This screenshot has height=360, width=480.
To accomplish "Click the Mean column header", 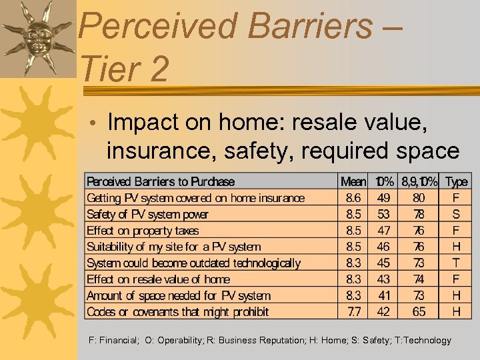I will pyautogui.click(x=353, y=181).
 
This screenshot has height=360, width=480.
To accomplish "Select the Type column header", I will pyautogui.click(x=456, y=181).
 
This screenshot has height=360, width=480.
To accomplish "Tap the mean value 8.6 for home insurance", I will pyautogui.click(x=353, y=198).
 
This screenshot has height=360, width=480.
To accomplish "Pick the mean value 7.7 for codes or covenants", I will pyautogui.click(x=353, y=311).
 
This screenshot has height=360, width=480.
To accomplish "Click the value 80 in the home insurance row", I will pyautogui.click(x=419, y=198).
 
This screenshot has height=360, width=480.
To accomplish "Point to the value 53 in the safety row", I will pyautogui.click(x=383, y=214).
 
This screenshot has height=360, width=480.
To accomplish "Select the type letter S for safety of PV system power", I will pyautogui.click(x=456, y=214).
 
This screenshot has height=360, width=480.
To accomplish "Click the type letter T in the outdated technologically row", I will pyautogui.click(x=456, y=263).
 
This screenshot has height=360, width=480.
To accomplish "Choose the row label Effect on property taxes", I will pyautogui.click(x=143, y=231).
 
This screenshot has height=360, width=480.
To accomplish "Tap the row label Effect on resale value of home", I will pyautogui.click(x=158, y=279).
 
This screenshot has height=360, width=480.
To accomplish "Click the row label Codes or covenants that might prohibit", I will pyautogui.click(x=177, y=311).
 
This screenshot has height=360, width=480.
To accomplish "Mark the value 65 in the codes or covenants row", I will pyautogui.click(x=419, y=311).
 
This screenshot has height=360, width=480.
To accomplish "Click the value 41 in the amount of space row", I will pyautogui.click(x=383, y=295).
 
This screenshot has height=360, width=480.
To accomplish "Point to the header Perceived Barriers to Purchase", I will pyautogui.click(x=161, y=181).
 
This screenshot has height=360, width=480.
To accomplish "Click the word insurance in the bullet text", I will pyautogui.click(x=165, y=151).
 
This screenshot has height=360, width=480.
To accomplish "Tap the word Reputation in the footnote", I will pyautogui.click(x=279, y=340).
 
